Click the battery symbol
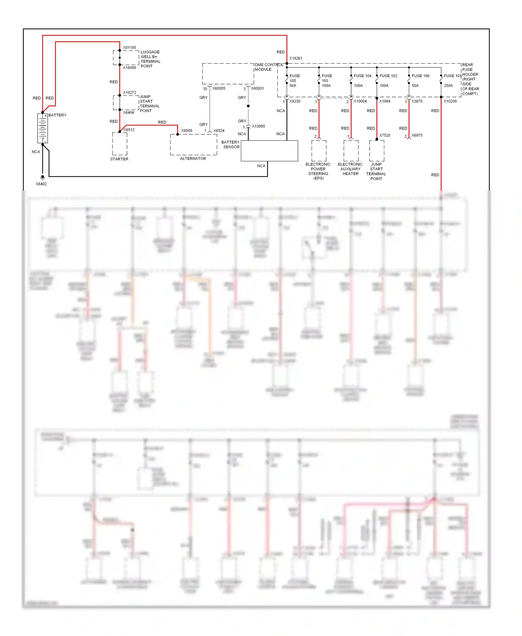42,128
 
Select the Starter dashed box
120,144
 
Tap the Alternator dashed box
193,145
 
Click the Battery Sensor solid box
269,151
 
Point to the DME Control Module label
269,67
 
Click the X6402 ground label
41,184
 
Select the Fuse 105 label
294,76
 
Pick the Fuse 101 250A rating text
448,86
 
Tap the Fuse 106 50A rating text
415,86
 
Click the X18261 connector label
296,58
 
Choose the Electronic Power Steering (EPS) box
319,151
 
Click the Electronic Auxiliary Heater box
351,151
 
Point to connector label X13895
258,126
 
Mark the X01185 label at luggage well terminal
129,48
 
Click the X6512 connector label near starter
129,130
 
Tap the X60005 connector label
219,88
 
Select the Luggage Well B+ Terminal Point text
150,59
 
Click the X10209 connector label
450,101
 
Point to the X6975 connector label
417,135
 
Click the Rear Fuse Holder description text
470,79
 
